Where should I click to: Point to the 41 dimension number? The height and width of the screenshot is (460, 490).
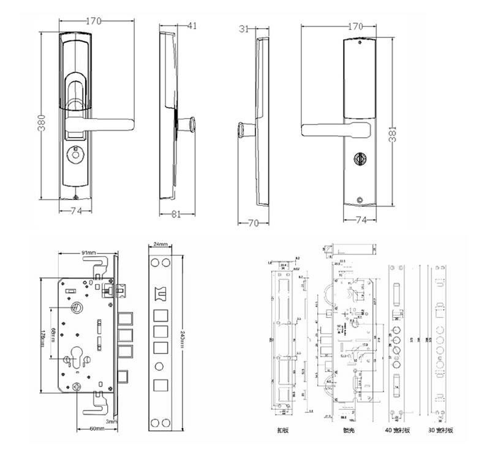192,26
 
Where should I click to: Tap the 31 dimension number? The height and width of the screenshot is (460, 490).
244,28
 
